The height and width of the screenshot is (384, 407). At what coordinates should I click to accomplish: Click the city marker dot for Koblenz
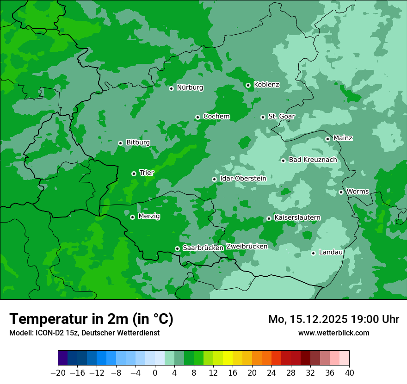[x=248, y=85]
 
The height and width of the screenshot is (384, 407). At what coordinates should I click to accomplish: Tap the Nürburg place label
[x=190, y=87]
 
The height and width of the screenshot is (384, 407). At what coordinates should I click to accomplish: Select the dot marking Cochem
[x=197, y=117]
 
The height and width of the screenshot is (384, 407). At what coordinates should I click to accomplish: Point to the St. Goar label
[x=281, y=116]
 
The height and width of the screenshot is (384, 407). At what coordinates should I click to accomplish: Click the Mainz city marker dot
[x=327, y=139]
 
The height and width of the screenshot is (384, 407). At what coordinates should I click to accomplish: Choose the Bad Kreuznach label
[x=313, y=160]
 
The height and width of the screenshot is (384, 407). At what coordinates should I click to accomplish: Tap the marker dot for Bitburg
[x=120, y=143]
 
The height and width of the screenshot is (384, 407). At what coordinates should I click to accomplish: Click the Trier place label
[x=147, y=173]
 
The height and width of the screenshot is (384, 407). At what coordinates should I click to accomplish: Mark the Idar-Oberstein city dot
[x=214, y=179]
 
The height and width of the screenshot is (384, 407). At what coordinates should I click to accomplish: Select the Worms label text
[x=358, y=192]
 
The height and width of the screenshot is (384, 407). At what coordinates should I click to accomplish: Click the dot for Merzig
[x=132, y=217]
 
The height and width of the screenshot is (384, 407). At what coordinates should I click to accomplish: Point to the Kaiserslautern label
[x=297, y=217]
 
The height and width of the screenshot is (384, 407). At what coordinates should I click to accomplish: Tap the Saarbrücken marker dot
[x=177, y=248]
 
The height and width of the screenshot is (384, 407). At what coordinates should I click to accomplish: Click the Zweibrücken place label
[x=247, y=247]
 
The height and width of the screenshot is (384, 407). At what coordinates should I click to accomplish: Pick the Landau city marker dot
[x=313, y=253]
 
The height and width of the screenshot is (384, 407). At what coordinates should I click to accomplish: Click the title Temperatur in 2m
[x=91, y=319]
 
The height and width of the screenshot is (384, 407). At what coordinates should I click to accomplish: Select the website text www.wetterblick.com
[x=333, y=333]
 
